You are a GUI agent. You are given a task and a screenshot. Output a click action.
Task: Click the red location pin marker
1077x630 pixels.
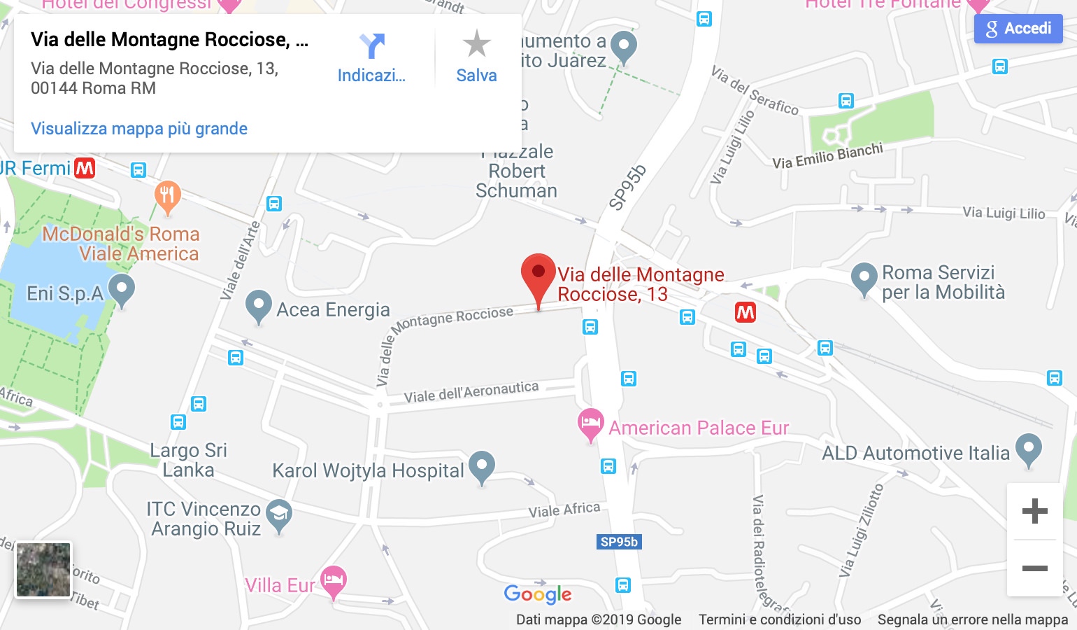click(538, 273)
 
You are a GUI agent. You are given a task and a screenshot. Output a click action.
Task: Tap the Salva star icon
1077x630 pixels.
click(476, 44)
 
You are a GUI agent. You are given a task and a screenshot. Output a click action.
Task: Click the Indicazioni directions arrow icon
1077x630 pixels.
click(371, 46)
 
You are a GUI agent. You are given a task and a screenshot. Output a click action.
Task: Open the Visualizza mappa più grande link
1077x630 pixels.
click(139, 129)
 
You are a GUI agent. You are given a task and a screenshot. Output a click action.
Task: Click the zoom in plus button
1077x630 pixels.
click(1034, 511)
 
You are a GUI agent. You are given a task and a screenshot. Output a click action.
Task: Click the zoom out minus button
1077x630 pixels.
click(1034, 568)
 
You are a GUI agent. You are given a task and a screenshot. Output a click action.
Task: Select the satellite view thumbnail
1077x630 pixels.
click(43, 570)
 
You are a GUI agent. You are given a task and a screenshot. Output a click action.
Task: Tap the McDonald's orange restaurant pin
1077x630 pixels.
click(167, 195)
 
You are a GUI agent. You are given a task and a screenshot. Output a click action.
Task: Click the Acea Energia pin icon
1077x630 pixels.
click(259, 305)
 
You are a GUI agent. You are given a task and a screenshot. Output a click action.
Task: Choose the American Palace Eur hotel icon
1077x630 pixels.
click(590, 423)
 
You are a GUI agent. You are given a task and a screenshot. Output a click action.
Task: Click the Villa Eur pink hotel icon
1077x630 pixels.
click(334, 580)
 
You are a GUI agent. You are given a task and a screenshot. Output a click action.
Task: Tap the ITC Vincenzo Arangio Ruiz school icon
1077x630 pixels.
click(279, 514)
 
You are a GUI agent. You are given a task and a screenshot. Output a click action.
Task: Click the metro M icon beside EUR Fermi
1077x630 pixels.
click(85, 168)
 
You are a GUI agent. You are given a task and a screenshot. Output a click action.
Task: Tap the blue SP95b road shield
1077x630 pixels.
click(619, 542)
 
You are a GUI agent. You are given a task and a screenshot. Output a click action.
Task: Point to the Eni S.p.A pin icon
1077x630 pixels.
click(122, 288)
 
